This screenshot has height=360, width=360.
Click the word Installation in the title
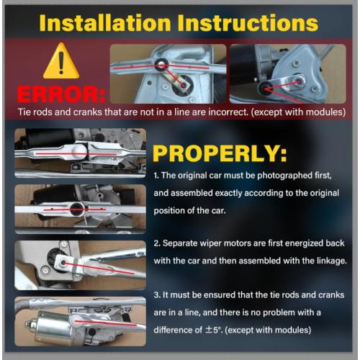[105, 23]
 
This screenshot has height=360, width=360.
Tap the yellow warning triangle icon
[61, 61]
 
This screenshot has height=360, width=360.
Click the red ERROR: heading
[61, 94]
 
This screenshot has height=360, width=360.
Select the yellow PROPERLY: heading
[220, 154]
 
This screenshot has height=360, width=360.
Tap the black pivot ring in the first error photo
[161, 65]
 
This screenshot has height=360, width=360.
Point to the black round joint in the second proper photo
[77, 209]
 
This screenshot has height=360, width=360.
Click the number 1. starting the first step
[156, 176]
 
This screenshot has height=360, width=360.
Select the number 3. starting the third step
[157, 295]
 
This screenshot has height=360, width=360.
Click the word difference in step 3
[178, 330]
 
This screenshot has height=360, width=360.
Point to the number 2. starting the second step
[157, 243]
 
